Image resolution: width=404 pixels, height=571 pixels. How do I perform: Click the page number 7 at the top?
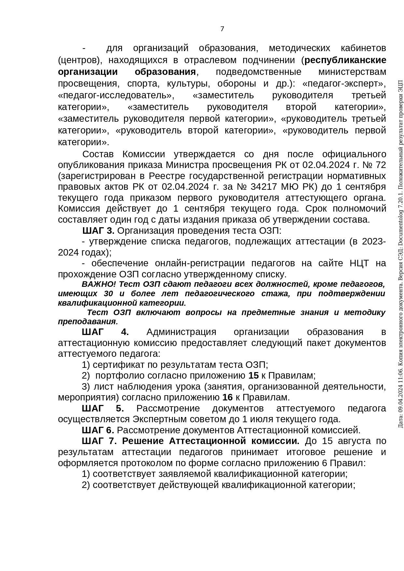[222, 29]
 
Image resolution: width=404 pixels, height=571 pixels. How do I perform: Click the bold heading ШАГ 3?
[98, 231]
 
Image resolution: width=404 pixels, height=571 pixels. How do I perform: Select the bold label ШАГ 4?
[105, 332]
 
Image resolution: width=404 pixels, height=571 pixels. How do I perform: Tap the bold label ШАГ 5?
[103, 408]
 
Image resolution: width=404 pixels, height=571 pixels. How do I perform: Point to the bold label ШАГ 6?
[98, 430]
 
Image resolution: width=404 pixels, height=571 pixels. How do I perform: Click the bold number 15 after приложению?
[253, 376]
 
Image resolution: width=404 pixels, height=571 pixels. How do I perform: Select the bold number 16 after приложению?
[228, 397]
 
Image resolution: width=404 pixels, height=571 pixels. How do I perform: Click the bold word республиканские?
[345, 60]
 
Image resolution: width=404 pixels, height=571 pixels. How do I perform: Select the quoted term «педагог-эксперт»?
[344, 84]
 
